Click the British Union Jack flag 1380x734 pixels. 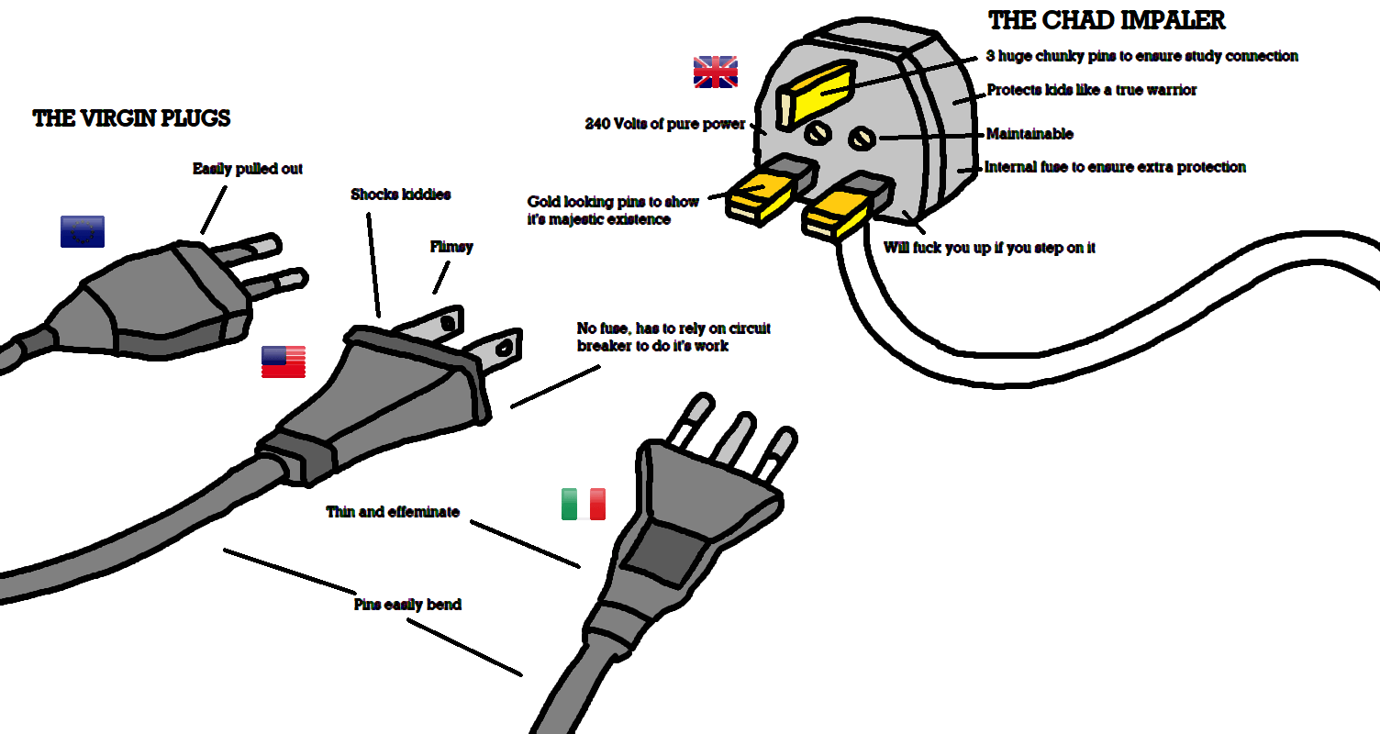tap(715, 72)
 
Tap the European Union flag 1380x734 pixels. tap(82, 231)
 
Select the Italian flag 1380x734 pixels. tap(584, 504)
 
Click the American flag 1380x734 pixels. tap(283, 362)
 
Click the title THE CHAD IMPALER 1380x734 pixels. tap(1107, 20)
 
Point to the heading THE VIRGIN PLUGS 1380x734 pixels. tap(131, 118)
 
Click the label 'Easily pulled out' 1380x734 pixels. tap(247, 169)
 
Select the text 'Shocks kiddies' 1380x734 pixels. tap(400, 195)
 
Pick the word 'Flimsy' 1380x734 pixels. tap(451, 247)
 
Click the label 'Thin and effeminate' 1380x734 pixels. tap(393, 512)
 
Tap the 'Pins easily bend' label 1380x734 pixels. tap(407, 605)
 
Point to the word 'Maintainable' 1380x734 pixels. tap(1029, 134)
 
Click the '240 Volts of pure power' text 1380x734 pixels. tap(665, 124)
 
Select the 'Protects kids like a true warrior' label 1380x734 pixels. tap(1091, 90)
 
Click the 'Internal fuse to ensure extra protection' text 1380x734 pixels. tap(1115, 167)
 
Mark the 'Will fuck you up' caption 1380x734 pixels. tap(989, 248)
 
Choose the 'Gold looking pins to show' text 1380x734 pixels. tap(613, 202)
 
